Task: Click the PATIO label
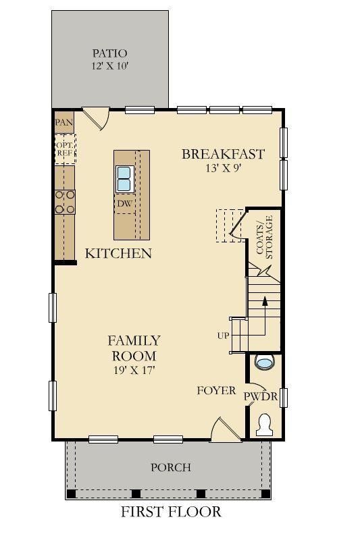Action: (109, 53)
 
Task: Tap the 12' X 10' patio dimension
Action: (109, 65)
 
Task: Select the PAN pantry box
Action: (64, 122)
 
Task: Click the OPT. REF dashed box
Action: (65, 149)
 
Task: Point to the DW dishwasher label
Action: (125, 204)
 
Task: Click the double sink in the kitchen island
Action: (124, 178)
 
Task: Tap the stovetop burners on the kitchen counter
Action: (65, 203)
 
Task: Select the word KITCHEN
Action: (118, 253)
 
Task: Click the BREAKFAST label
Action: (223, 155)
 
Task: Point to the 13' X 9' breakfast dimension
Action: (224, 168)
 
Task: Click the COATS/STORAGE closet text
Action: (265, 237)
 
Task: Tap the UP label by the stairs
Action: (224, 336)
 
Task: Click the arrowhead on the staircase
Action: (265, 300)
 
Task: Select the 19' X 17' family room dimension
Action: (134, 370)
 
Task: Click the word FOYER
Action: (216, 390)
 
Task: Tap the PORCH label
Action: (171, 467)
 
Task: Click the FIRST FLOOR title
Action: (171, 512)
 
